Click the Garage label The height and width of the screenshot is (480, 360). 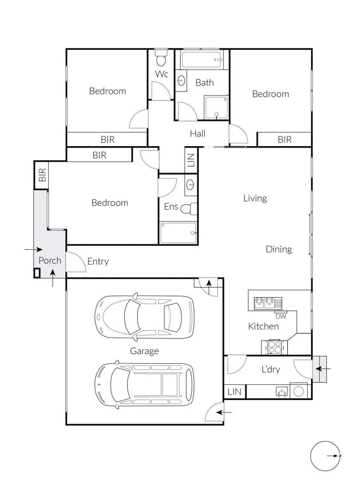pyautogui.click(x=144, y=351)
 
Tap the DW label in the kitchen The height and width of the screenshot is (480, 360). pyautogui.click(x=280, y=316)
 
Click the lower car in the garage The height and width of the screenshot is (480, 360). pyautogui.click(x=145, y=384)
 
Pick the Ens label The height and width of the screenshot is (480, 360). pyautogui.click(x=171, y=206)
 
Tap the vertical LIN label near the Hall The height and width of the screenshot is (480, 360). pyautogui.click(x=191, y=160)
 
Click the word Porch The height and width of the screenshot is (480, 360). pyautogui.click(x=50, y=260)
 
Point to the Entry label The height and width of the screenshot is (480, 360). pyautogui.click(x=98, y=261)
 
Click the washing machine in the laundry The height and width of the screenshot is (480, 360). pyautogui.click(x=300, y=391)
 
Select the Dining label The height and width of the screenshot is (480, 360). pyautogui.click(x=279, y=249)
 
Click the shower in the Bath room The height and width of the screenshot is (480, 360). pyautogui.click(x=216, y=108)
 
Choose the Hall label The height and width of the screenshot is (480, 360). pyautogui.click(x=197, y=133)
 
